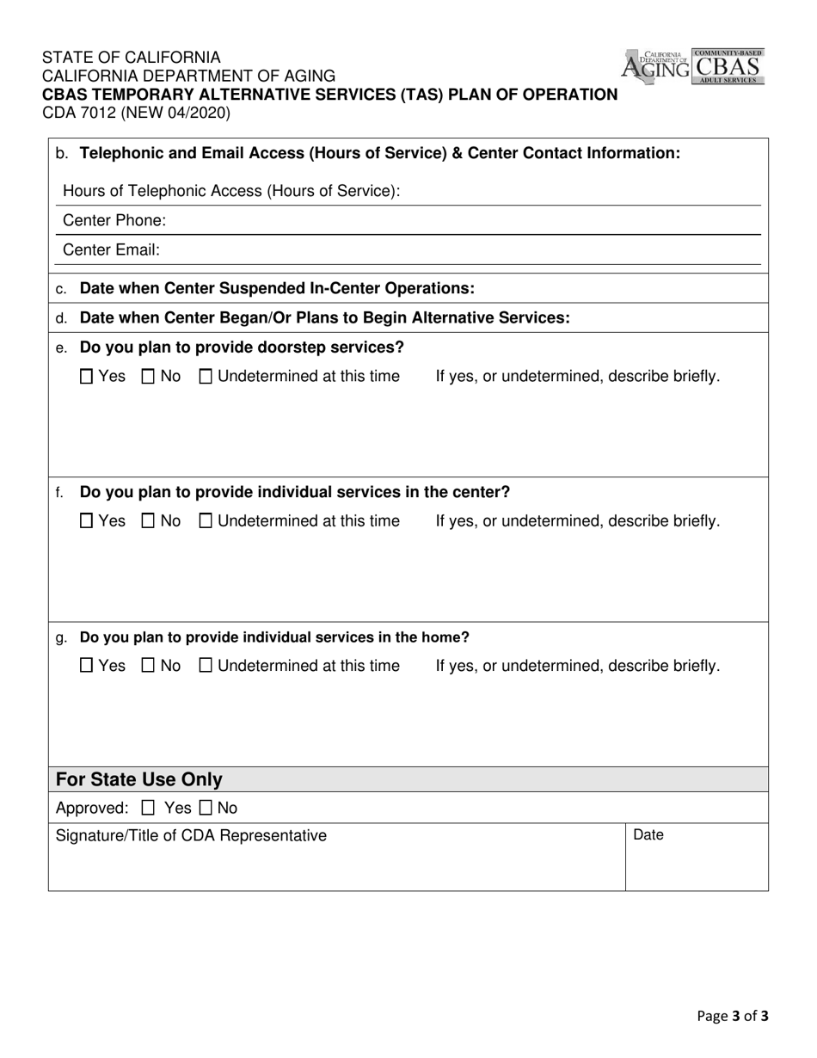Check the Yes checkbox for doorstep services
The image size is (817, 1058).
pyautogui.click(x=87, y=377)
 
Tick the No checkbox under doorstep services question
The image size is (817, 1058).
pyautogui.click(x=148, y=377)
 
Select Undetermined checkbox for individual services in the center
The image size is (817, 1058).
pyautogui.click(x=206, y=521)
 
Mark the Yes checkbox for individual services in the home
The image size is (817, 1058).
pyautogui.click(x=87, y=666)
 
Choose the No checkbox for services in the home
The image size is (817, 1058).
pyautogui.click(x=148, y=666)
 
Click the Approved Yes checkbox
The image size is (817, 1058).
pyautogui.click(x=148, y=809)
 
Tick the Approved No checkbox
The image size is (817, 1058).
pyautogui.click(x=206, y=809)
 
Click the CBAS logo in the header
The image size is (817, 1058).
pyautogui.click(x=728, y=66)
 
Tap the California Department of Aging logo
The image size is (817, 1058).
pyautogui.click(x=656, y=66)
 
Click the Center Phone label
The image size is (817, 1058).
pyautogui.click(x=114, y=221)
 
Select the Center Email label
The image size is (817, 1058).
pyautogui.click(x=112, y=250)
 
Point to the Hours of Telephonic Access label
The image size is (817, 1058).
pyautogui.click(x=231, y=191)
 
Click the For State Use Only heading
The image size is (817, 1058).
pyautogui.click(x=139, y=779)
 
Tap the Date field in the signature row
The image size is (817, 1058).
pyautogui.click(x=697, y=856)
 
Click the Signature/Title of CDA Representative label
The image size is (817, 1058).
pyautogui.click(x=191, y=835)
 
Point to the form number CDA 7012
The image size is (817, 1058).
pyautogui.click(x=136, y=112)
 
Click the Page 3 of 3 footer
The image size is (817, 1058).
pyautogui.click(x=732, y=1016)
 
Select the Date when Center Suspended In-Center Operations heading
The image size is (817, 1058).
pyautogui.click(x=276, y=288)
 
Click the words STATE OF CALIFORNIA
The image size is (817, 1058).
pyautogui.click(x=131, y=58)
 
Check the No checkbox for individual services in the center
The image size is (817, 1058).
pyautogui.click(x=148, y=521)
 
